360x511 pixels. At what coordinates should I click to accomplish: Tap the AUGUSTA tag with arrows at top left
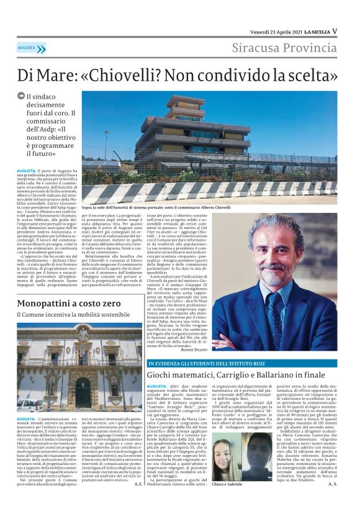click(x=31, y=48)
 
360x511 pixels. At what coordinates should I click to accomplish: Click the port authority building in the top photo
click(x=186, y=137)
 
